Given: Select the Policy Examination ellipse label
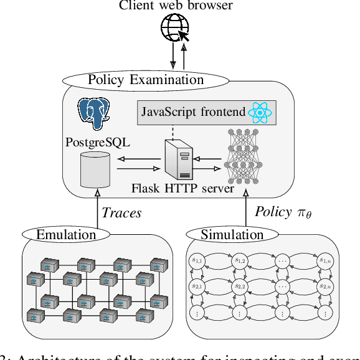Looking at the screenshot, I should click(146, 80).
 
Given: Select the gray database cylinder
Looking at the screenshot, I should click(95, 169).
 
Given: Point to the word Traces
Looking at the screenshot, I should click(121, 213).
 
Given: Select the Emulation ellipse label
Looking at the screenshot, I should click(66, 235).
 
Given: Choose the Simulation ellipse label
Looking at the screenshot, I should click(232, 235).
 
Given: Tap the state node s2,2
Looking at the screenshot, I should click(239, 287).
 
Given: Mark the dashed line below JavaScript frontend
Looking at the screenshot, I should click(173, 131).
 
